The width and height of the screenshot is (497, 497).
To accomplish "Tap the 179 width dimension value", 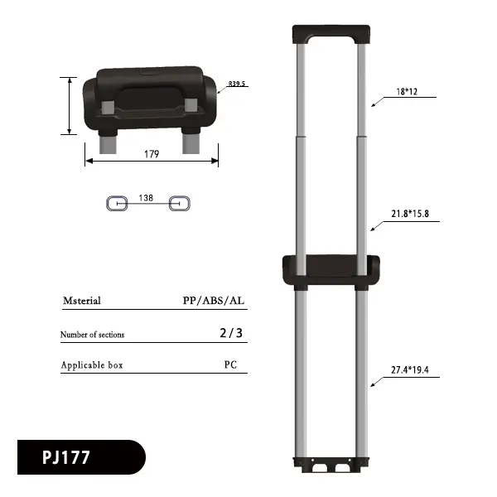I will pos(152,154).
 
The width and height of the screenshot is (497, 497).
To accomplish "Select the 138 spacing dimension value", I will pos(146,198).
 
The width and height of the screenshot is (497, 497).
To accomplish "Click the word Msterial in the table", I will pos(81,301).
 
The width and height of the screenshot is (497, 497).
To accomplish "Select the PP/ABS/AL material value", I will pos(214,301).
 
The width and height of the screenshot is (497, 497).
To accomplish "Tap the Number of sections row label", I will pos(92,335).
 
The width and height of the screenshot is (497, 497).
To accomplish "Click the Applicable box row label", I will pos(91,365).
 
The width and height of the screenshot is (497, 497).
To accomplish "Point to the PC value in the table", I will pos(230,364).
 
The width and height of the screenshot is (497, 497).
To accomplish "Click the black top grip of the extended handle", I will pos(329,34).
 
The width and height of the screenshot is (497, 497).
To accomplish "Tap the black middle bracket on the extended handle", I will pos(331,268).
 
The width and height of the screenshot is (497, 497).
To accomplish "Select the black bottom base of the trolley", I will pos(330,466).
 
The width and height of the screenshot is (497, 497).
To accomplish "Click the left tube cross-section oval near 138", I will pos(116,203).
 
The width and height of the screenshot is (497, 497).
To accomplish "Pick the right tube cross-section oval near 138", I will pos(180,203).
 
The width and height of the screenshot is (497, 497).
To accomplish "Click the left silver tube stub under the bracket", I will pos(107,144).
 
